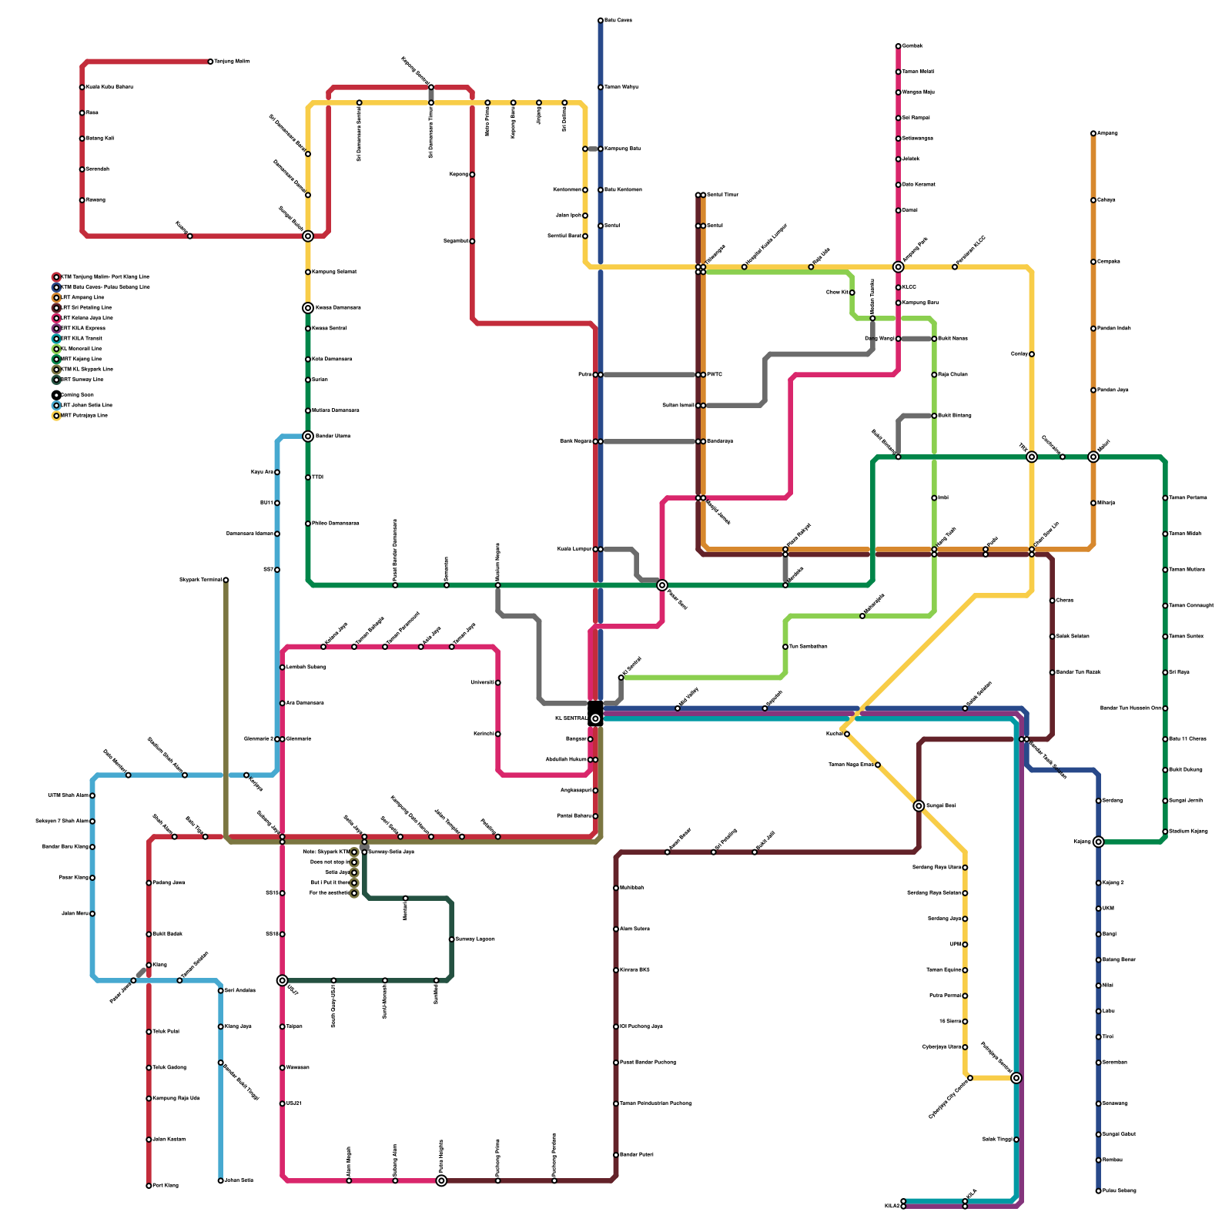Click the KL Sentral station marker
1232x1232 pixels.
point(595,718)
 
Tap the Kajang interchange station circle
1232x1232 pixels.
point(1098,842)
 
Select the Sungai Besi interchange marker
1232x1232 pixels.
point(919,805)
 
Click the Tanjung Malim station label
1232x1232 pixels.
point(232,61)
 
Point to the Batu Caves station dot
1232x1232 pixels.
point(601,20)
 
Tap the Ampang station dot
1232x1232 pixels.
point(1093,133)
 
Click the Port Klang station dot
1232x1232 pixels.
point(149,1186)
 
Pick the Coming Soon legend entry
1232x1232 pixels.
point(77,395)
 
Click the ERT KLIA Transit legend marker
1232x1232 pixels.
point(56,338)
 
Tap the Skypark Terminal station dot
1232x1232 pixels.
point(226,580)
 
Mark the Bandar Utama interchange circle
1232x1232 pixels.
point(308,436)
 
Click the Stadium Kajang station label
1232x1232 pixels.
point(1188,832)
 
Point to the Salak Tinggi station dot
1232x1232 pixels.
point(1016,1140)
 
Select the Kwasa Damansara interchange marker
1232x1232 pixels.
point(308,308)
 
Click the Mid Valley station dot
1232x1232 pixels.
point(678,708)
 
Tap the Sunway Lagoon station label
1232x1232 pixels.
point(475,939)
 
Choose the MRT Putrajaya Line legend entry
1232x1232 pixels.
point(84,416)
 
